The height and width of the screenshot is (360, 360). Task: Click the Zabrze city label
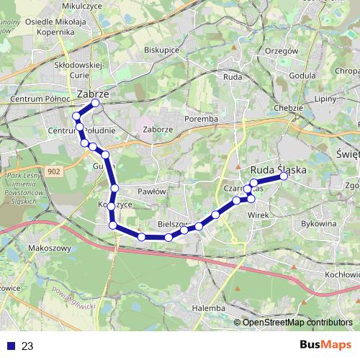click(x=92, y=94)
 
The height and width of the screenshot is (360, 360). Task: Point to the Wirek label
click(x=258, y=214)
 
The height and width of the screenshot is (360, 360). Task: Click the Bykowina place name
click(x=320, y=224)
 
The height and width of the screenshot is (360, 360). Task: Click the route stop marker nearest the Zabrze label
click(x=95, y=102)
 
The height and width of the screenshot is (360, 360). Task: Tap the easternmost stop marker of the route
click(x=284, y=176)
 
